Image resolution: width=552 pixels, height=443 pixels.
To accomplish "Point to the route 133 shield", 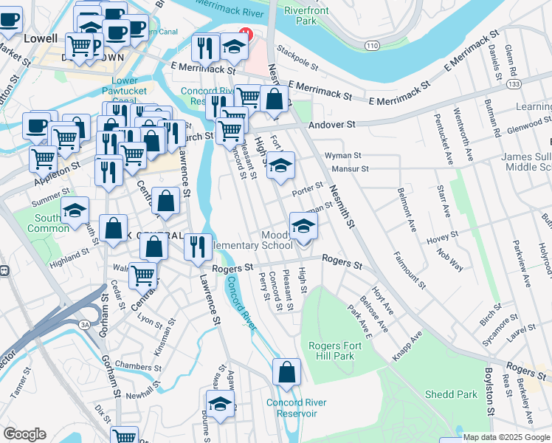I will tap(513, 85).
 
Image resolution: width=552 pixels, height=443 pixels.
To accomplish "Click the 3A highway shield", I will tap(84, 325).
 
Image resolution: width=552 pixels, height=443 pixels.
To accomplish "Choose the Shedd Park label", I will tap(450, 394).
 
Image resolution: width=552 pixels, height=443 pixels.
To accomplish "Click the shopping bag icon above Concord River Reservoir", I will tap(286, 373).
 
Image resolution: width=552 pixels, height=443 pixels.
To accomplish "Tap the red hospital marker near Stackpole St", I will tap(245, 34).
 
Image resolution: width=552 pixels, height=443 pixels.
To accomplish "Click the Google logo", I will tap(24, 433).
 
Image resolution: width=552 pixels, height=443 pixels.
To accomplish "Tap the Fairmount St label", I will tap(410, 270).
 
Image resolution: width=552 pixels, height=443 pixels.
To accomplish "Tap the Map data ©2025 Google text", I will tap(506, 437).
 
